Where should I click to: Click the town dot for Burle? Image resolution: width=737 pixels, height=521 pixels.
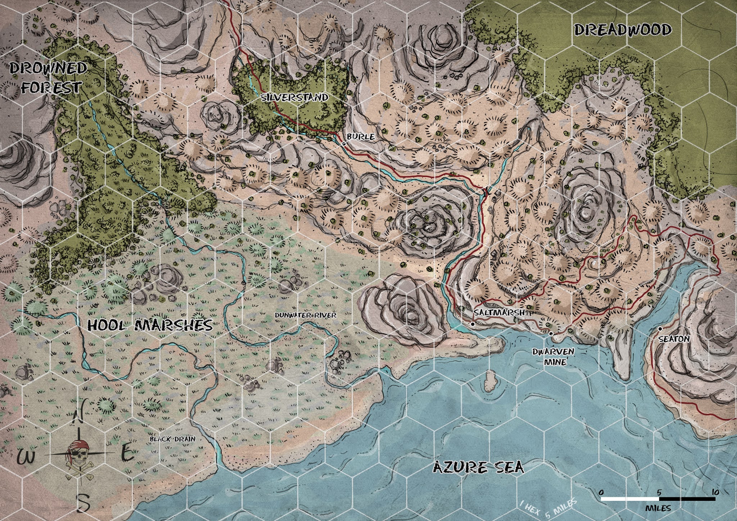(344, 144)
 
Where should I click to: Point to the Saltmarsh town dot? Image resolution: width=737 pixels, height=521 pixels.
(473, 324)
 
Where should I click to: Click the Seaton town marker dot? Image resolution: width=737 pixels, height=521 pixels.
(660, 329)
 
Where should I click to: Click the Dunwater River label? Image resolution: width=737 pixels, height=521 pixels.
(305, 315)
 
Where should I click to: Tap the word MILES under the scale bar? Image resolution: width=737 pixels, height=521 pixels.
(658, 508)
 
